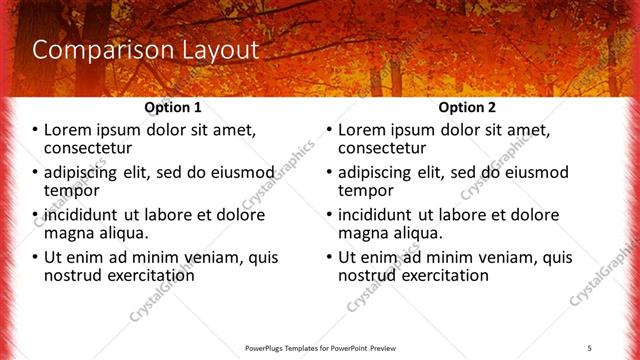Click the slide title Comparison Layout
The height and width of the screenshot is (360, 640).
tap(146, 50)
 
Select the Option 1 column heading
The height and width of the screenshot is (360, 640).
tap(173, 107)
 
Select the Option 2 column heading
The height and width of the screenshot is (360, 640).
tap(467, 107)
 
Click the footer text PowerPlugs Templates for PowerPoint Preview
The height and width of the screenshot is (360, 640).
tap(320, 347)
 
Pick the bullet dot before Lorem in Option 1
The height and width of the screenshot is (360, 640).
tap(36, 130)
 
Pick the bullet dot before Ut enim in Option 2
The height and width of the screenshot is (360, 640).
tap(330, 257)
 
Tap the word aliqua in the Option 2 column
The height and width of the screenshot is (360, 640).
tap(416, 233)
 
